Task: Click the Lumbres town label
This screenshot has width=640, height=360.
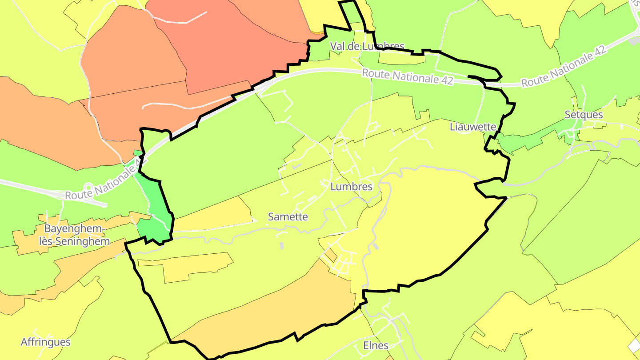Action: coord(351,187)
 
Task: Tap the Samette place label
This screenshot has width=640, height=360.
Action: coord(288,217)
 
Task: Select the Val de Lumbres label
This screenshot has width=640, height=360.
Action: coord(367,46)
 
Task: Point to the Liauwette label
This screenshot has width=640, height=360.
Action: coord(472,127)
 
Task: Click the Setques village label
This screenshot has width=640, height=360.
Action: coord(584,115)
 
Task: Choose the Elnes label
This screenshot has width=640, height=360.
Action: coord(376,345)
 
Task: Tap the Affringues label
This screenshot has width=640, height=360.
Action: coord(45,342)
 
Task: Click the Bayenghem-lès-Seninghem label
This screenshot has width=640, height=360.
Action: coord(77,235)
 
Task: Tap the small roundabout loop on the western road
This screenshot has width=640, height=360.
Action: coord(88,188)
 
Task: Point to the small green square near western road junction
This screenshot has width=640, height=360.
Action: coord(138,153)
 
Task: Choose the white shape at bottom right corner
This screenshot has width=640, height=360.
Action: coord(635,346)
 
